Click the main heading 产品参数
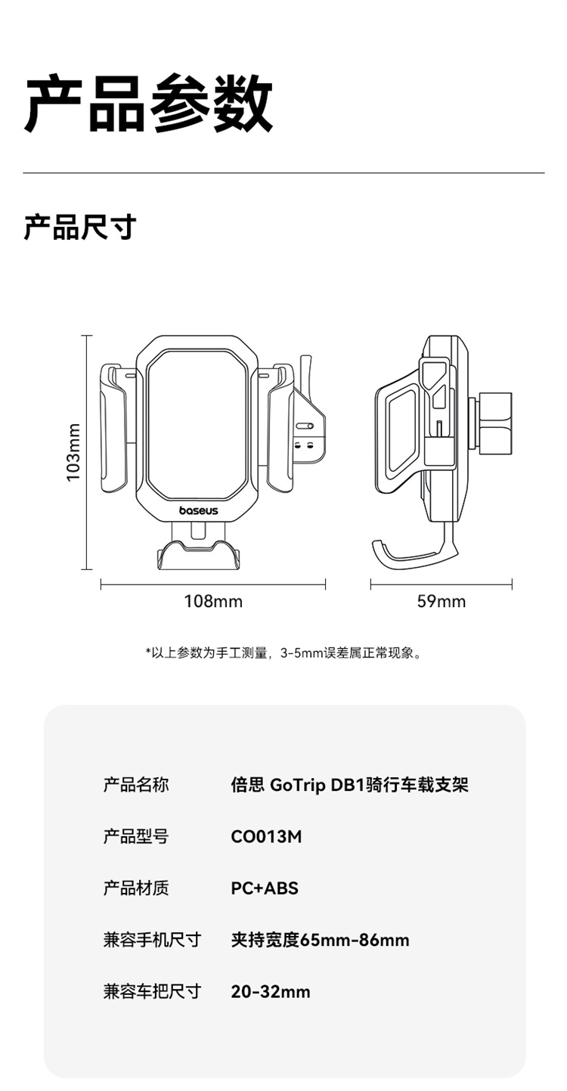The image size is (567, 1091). [148, 104]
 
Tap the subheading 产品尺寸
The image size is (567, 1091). [79, 227]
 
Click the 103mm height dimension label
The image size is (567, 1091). [73, 451]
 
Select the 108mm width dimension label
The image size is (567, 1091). [213, 602]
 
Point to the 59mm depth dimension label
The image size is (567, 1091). [441, 602]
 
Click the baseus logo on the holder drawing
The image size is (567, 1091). [198, 511]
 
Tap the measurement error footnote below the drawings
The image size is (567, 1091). [283, 652]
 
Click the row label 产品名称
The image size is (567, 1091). [136, 785]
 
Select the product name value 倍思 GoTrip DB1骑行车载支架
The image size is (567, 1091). [349, 785]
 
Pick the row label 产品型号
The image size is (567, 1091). [136, 836]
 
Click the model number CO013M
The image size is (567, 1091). [266, 836]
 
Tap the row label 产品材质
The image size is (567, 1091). [136, 888]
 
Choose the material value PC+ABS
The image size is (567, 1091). [265, 888]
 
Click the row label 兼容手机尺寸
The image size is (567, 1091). [152, 940]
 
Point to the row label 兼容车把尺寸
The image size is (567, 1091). [152, 991]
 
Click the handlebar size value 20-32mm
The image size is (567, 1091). [271, 991]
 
